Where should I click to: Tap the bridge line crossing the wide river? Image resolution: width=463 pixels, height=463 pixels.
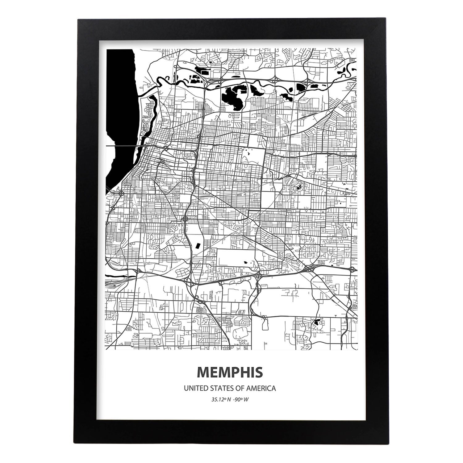123,145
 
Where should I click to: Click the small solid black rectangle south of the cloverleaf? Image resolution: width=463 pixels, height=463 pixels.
197,246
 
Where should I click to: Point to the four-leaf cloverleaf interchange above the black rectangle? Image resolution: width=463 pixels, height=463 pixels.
185,220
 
